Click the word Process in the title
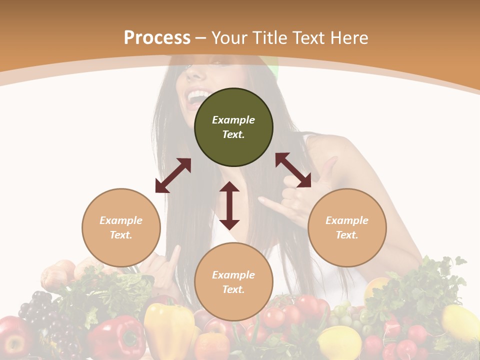tap(157, 38)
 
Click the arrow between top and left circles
tap(173, 175)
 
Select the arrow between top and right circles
tap(293, 170)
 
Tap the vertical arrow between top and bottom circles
tap(229, 205)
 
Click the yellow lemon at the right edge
tap(460, 322)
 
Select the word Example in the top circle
tap(233, 120)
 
